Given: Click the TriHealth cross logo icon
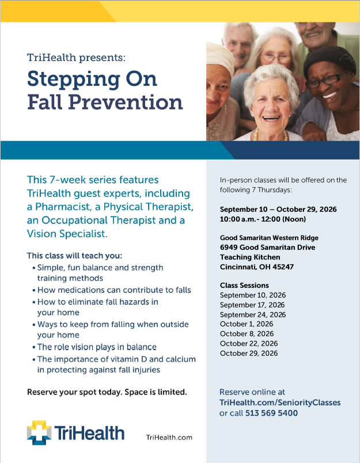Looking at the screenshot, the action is point(39,432).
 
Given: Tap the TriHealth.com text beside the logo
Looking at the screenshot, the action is point(169,437).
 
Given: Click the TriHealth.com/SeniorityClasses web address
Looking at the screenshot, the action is point(280,403).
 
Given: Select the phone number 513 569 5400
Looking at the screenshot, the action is point(271,413).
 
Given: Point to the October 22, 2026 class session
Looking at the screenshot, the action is point(249,343).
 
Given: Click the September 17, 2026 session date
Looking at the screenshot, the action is point(252,305).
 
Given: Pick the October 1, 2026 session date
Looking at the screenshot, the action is point(247,324).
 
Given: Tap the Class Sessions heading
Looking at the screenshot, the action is point(244,285).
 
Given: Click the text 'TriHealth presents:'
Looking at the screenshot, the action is point(76,57).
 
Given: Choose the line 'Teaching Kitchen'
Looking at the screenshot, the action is point(250,257).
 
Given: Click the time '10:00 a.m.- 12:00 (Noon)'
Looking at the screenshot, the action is point(263,219).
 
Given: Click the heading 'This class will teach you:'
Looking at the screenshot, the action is point(74,256).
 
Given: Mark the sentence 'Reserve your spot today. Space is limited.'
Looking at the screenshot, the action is point(107,392).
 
